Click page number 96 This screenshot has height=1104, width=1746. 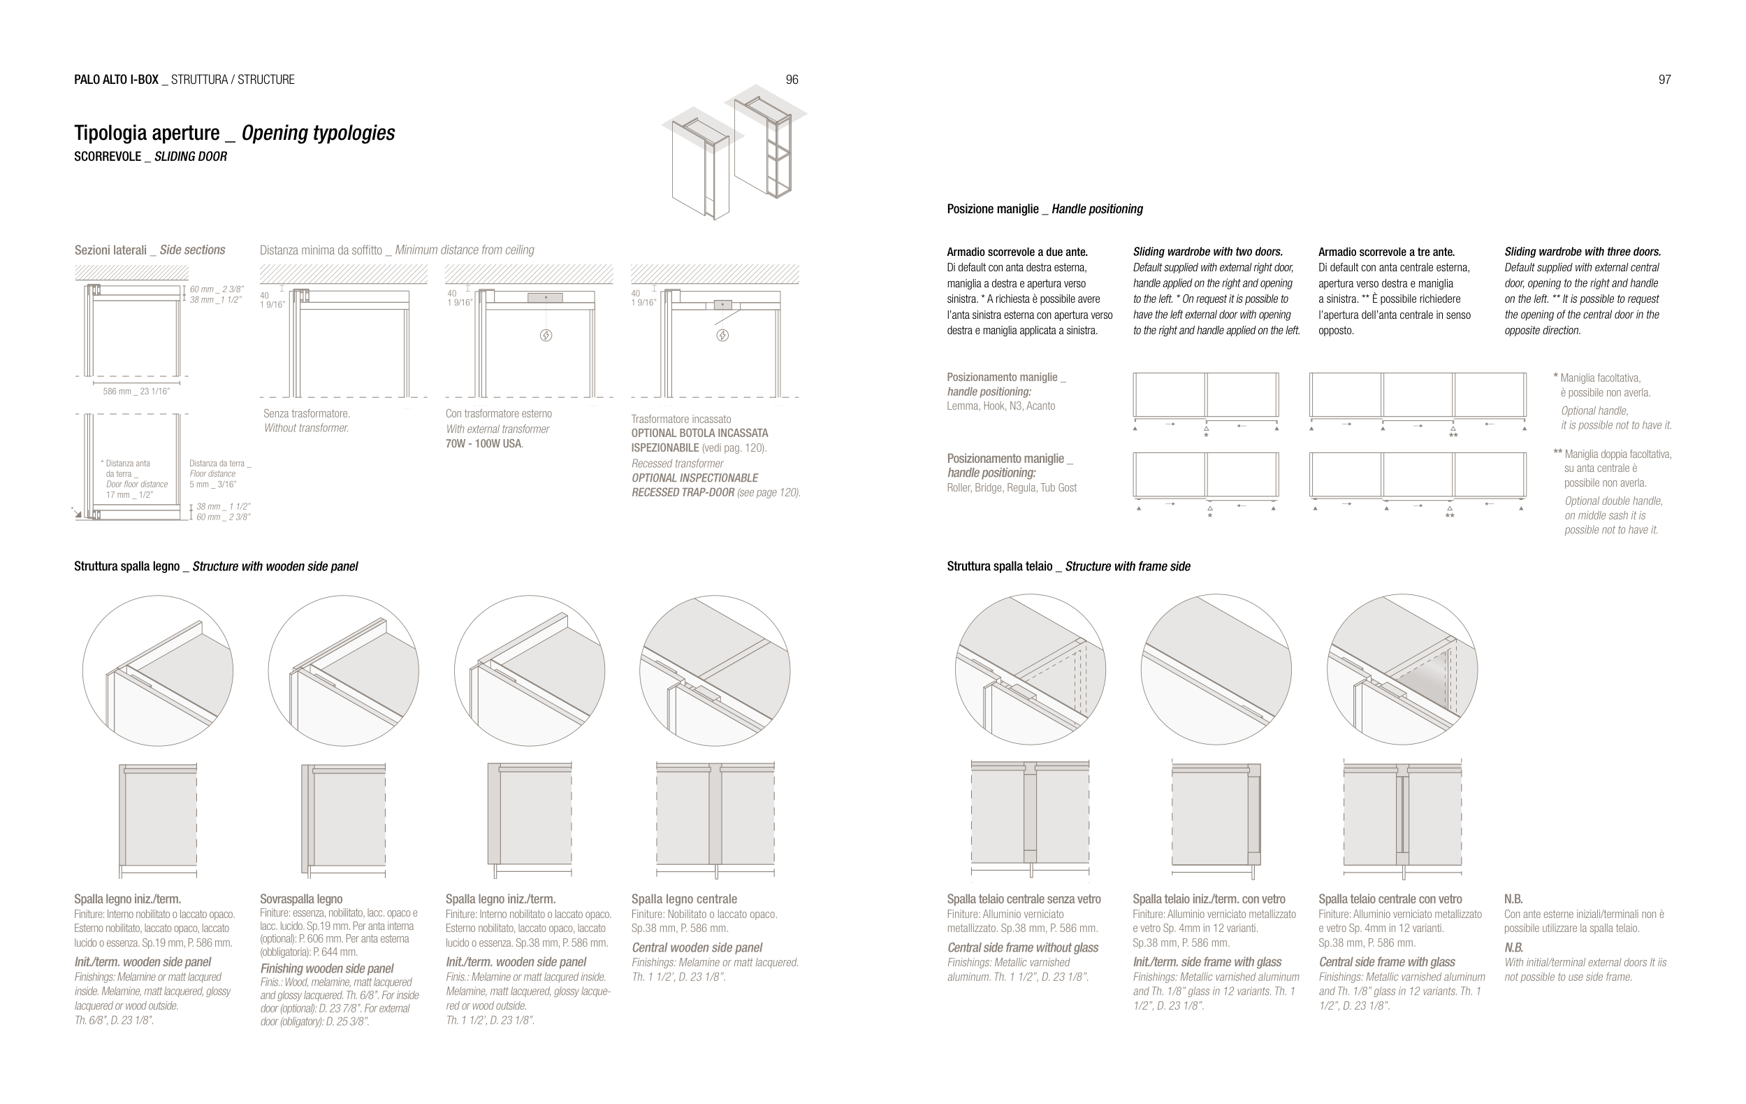pyautogui.click(x=792, y=80)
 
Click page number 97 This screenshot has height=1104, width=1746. pyautogui.click(x=1664, y=80)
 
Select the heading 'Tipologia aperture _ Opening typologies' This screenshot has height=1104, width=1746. pyautogui.click(x=234, y=134)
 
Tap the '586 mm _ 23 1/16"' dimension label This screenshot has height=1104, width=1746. pyautogui.click(x=136, y=392)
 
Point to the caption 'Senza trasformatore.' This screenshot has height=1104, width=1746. pyautogui.click(x=306, y=413)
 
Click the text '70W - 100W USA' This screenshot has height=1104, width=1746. pyautogui.click(x=483, y=444)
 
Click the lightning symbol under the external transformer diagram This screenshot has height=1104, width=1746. pyautogui.click(x=546, y=335)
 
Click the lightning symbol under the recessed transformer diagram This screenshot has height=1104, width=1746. pyautogui.click(x=722, y=335)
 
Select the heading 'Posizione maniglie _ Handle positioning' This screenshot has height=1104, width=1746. pyautogui.click(x=1044, y=210)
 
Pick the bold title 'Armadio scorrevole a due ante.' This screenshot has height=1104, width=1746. pyautogui.click(x=1017, y=252)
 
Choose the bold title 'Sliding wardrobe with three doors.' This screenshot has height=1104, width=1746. pyautogui.click(x=1582, y=252)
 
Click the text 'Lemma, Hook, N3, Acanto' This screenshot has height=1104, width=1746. pyautogui.click(x=1001, y=406)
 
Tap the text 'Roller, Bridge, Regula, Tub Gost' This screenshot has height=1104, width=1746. pyautogui.click(x=1012, y=488)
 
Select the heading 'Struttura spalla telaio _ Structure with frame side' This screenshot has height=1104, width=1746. pyautogui.click(x=1068, y=566)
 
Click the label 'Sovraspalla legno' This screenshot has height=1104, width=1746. pyautogui.click(x=301, y=899)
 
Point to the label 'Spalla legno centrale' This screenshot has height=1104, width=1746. pyautogui.click(x=684, y=899)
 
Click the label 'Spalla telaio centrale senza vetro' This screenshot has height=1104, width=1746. pyautogui.click(x=1023, y=899)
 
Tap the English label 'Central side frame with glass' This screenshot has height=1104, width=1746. pyautogui.click(x=1386, y=963)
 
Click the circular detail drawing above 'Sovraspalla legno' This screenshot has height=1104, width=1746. pyautogui.click(x=343, y=671)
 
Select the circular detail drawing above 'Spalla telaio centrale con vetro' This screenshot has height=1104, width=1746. pyautogui.click(x=1402, y=670)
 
